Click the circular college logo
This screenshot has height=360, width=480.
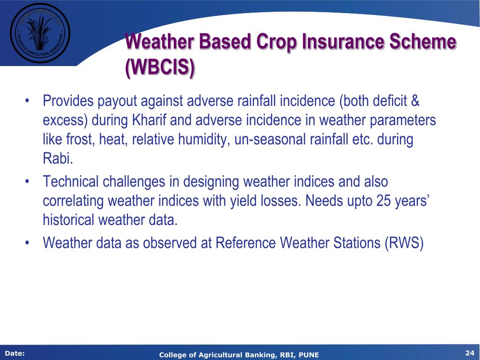[x=40, y=33]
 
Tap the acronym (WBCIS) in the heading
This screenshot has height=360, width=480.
[x=160, y=67]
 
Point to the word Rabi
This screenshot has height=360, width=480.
[x=58, y=158]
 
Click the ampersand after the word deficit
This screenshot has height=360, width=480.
[x=415, y=101]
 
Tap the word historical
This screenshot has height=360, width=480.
[x=68, y=220]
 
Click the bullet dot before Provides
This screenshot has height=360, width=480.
[x=27, y=101]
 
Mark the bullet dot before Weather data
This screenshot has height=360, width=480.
[x=27, y=243]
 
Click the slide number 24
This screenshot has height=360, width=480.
[x=470, y=353]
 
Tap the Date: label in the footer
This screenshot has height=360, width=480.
[x=15, y=353]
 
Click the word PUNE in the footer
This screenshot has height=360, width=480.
[x=308, y=355]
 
